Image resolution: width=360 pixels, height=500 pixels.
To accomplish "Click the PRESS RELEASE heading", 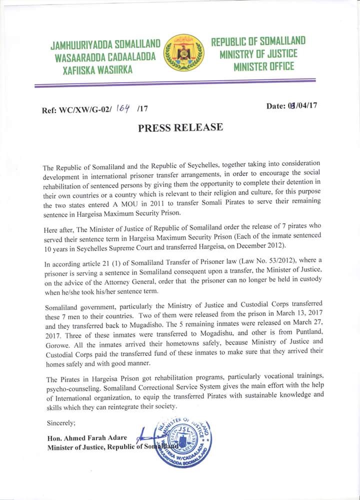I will click(x=180, y=127).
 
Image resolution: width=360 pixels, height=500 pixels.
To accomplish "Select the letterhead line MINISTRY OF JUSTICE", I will click(x=258, y=54).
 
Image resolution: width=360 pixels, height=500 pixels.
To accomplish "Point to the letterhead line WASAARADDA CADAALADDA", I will click(x=107, y=58).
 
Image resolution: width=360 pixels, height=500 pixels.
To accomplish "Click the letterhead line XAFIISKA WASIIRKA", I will click(x=97, y=70).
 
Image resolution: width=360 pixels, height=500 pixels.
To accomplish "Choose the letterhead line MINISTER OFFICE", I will click(x=263, y=66).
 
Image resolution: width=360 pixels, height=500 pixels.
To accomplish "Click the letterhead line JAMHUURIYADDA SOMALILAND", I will click(x=105, y=45).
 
